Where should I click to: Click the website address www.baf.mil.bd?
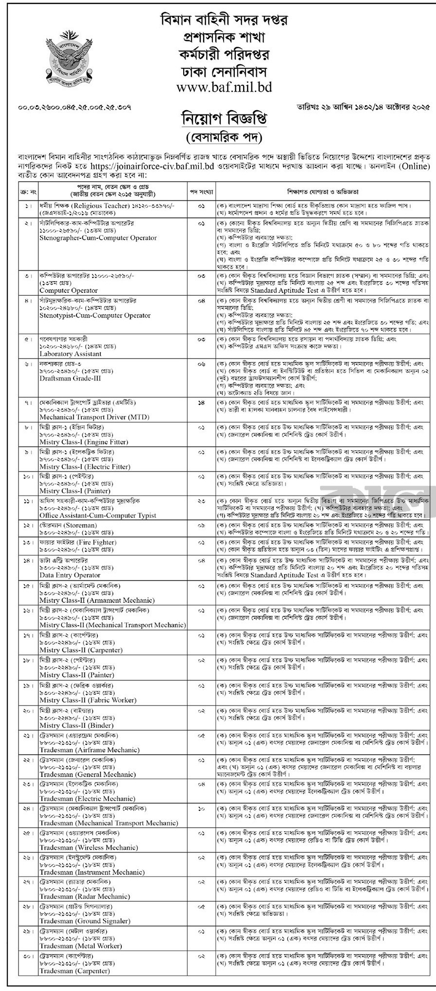[x=218, y=86]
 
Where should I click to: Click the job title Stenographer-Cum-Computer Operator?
[x=98, y=238]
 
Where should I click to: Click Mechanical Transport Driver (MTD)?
[x=94, y=417]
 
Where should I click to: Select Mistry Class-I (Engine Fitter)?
[x=84, y=442]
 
